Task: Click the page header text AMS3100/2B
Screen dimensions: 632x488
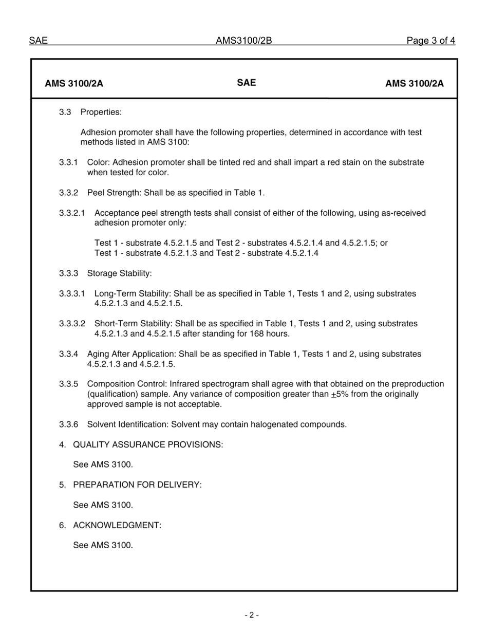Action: click(x=243, y=41)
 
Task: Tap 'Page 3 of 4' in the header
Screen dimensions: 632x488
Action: click(x=430, y=41)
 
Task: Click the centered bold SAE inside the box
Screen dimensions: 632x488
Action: click(x=247, y=83)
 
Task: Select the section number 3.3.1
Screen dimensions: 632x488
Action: click(x=68, y=162)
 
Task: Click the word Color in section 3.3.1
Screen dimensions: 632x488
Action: click(x=98, y=162)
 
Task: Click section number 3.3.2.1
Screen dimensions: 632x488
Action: click(x=72, y=213)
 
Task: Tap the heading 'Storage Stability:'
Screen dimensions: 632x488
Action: click(x=119, y=273)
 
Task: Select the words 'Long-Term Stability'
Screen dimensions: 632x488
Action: click(x=132, y=293)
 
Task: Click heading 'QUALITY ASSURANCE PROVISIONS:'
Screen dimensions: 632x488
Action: click(x=148, y=444)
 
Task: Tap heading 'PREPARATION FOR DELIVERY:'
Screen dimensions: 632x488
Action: click(x=137, y=485)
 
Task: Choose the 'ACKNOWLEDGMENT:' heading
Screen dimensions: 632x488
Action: click(x=117, y=525)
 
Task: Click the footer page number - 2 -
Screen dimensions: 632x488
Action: click(x=251, y=615)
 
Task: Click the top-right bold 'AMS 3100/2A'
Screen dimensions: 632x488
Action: click(x=414, y=84)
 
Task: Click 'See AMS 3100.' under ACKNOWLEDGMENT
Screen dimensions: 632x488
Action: click(x=103, y=545)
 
